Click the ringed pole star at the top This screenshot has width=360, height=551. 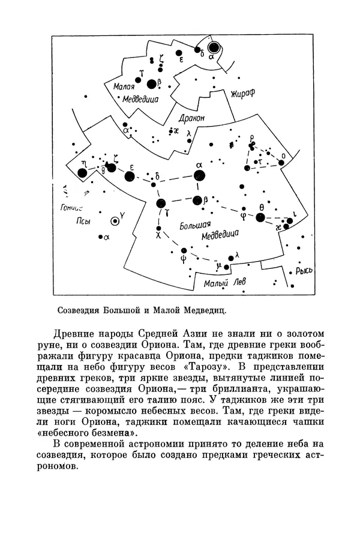pos(213,47)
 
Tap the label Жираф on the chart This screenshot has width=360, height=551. pos(243,94)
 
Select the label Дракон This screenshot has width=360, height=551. pos(193,118)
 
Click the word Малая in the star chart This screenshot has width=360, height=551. pos(123,86)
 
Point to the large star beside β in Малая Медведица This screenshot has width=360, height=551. pos(151,83)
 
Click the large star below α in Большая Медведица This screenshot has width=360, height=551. pos(198,200)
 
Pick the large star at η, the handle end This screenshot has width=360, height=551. pos(82,173)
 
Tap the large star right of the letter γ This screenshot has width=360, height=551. pos(160,203)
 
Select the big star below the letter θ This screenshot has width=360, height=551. pos(260,217)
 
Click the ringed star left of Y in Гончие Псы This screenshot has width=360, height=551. pos(113,220)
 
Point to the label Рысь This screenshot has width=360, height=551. pos(305,271)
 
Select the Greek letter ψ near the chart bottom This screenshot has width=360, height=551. pos(184,259)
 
